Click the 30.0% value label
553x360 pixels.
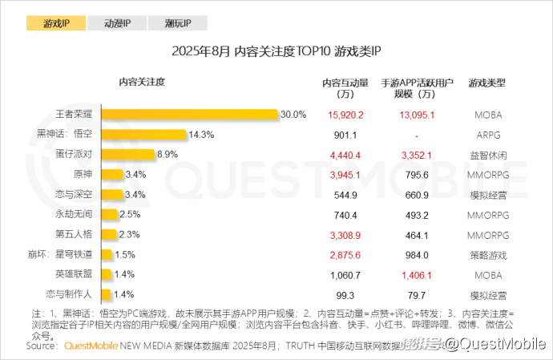coord(293,115)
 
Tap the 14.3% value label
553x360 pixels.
coord(201,134)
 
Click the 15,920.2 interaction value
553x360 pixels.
coord(345,115)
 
